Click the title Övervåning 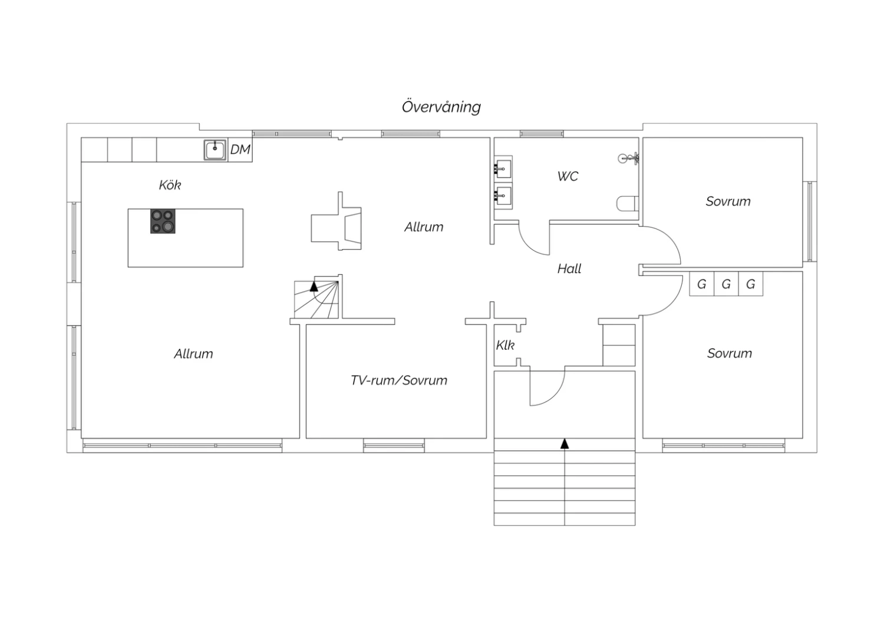441,107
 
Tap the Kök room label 170,185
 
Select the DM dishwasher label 240,150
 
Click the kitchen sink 215,150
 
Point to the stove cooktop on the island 163,221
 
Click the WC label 568,176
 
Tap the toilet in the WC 627,204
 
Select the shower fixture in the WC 628,158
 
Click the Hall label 569,269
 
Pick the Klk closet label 505,346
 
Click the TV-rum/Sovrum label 399,380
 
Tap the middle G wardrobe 726,284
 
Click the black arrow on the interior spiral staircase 314,286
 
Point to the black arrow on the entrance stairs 565,443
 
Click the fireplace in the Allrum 337,221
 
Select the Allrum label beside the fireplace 424,227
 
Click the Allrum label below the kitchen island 193,354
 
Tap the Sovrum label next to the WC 728,201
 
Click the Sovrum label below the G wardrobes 730,353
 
